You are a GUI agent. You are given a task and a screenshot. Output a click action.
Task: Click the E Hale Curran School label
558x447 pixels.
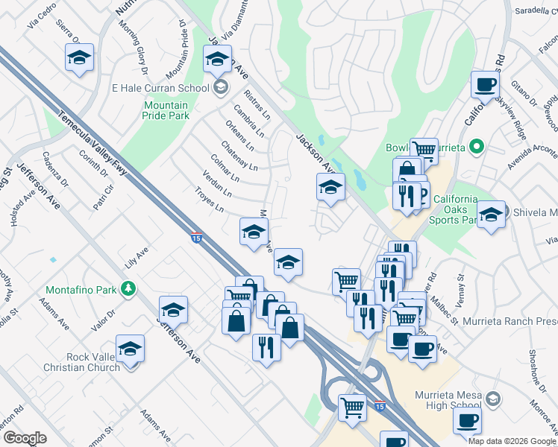(x=160, y=88)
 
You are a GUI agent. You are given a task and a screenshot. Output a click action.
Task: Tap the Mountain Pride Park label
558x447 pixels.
(x=166, y=110)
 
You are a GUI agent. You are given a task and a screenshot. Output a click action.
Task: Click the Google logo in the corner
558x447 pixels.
(x=25, y=438)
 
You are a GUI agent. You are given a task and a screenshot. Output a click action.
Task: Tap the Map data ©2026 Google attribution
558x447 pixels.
(x=512, y=440)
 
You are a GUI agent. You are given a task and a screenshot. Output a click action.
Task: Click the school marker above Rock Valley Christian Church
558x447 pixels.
(x=130, y=347)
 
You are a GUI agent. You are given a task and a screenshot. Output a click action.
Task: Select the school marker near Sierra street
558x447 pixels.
(x=80, y=57)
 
